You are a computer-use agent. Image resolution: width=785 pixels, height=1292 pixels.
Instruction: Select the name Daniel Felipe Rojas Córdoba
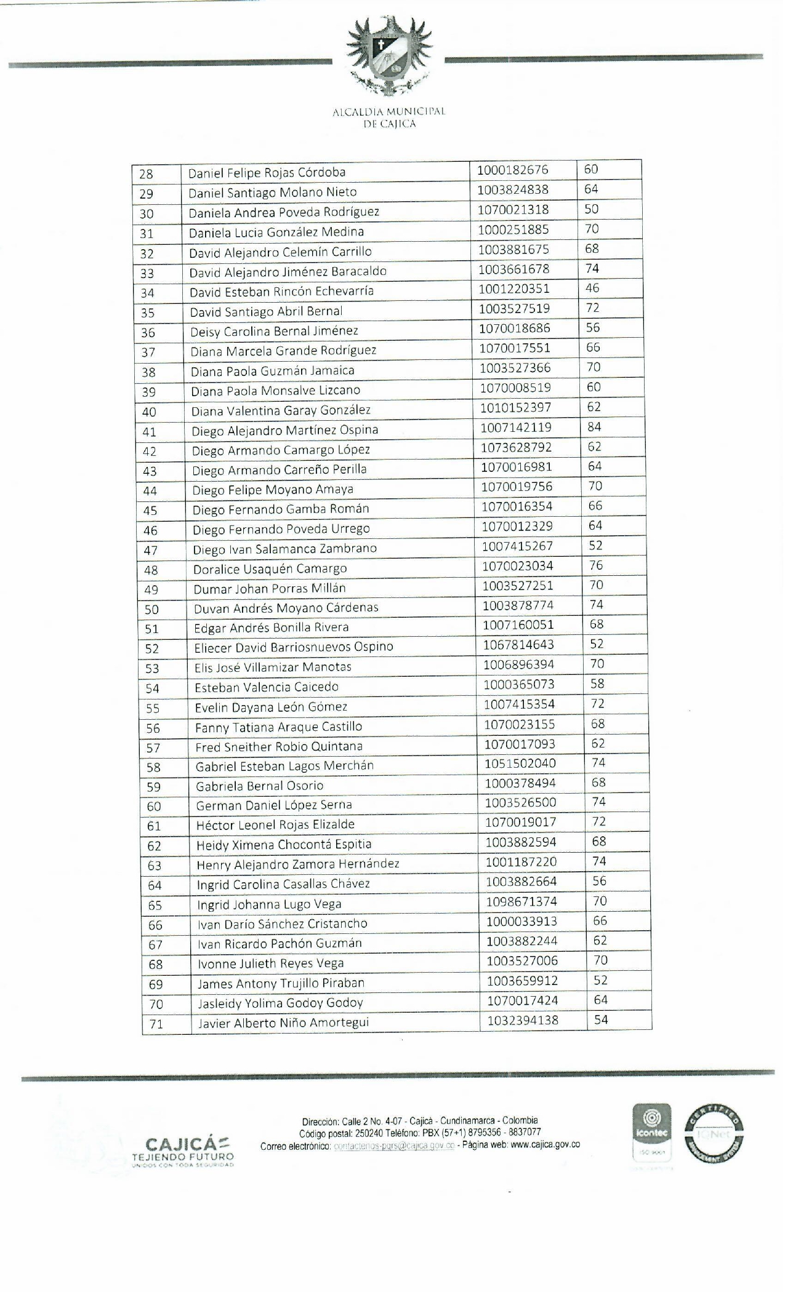pyautogui.click(x=267, y=173)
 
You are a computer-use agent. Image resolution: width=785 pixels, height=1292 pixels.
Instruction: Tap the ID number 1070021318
pyautogui.click(x=513, y=210)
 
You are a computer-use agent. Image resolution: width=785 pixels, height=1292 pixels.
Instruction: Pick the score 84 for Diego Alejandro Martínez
pyautogui.click(x=594, y=427)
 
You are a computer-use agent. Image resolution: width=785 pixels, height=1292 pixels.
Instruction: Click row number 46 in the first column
pyautogui.click(x=150, y=530)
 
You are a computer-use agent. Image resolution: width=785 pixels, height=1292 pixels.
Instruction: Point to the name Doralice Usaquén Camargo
pyautogui.click(x=270, y=569)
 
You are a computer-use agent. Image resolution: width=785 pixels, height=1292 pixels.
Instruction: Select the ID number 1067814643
pyautogui.click(x=518, y=645)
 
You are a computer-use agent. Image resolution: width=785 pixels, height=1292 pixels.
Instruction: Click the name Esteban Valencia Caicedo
pyautogui.click(x=267, y=687)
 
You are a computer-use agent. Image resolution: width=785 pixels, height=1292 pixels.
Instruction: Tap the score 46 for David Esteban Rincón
pyautogui.click(x=592, y=289)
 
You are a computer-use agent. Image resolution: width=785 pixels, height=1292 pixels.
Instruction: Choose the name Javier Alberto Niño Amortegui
pyautogui.click(x=283, y=1023)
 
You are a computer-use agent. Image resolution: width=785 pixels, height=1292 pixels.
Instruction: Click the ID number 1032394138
pyautogui.click(x=523, y=1021)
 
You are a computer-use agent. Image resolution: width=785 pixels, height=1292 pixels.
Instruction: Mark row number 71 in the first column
pyautogui.click(x=156, y=1024)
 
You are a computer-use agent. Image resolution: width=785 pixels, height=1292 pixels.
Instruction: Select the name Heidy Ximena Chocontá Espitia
pyautogui.click(x=284, y=845)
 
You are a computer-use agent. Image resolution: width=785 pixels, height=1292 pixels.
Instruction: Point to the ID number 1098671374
pyautogui.click(x=521, y=902)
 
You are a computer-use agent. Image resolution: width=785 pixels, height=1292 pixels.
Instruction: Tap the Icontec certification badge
pyautogui.click(x=652, y=1133)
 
